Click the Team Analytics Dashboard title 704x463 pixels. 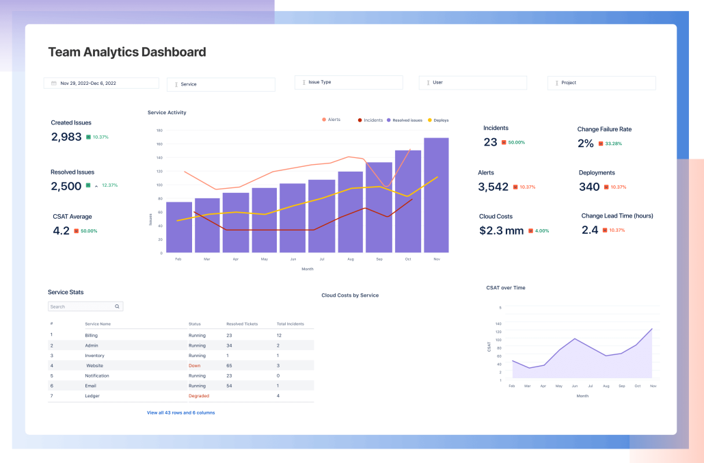click(x=126, y=52)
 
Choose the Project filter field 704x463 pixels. click(x=601, y=83)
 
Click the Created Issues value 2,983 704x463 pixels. click(x=66, y=137)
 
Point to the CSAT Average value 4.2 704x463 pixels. click(x=61, y=230)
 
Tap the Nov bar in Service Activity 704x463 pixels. click(x=436, y=195)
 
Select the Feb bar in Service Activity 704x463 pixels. click(x=178, y=227)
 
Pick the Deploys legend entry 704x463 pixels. click(x=438, y=120)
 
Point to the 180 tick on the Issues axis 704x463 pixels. click(x=159, y=130)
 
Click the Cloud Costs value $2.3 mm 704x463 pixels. click(x=501, y=230)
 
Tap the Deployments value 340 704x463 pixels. click(x=589, y=187)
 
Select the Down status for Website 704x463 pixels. click(x=195, y=366)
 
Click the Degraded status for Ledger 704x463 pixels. click(x=199, y=396)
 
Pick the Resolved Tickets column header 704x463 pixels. click(x=242, y=323)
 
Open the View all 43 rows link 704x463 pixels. click(x=180, y=412)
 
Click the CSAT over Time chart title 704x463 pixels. click(x=505, y=288)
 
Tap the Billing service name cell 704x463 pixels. click(x=92, y=335)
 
